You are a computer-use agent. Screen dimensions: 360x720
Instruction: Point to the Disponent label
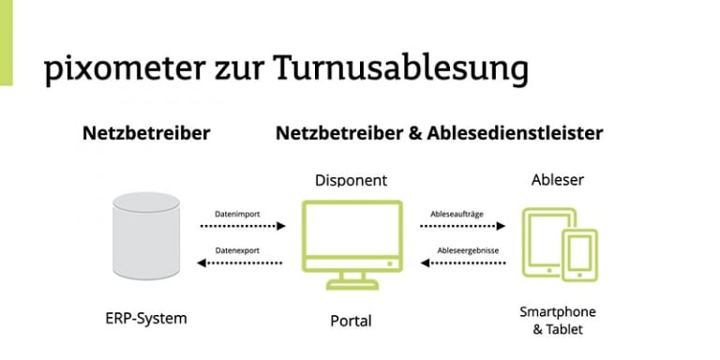point(351,179)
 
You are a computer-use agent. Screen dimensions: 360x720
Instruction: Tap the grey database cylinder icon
point(145,237)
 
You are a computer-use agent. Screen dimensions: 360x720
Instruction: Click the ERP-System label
point(145,318)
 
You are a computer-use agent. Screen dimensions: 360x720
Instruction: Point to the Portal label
point(351,321)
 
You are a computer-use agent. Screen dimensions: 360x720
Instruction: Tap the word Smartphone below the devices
point(559,311)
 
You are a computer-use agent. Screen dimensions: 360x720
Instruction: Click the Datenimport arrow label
point(238,215)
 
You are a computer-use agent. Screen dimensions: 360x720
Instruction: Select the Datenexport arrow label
point(238,250)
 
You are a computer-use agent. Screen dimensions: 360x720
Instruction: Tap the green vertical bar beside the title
point(7,42)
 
